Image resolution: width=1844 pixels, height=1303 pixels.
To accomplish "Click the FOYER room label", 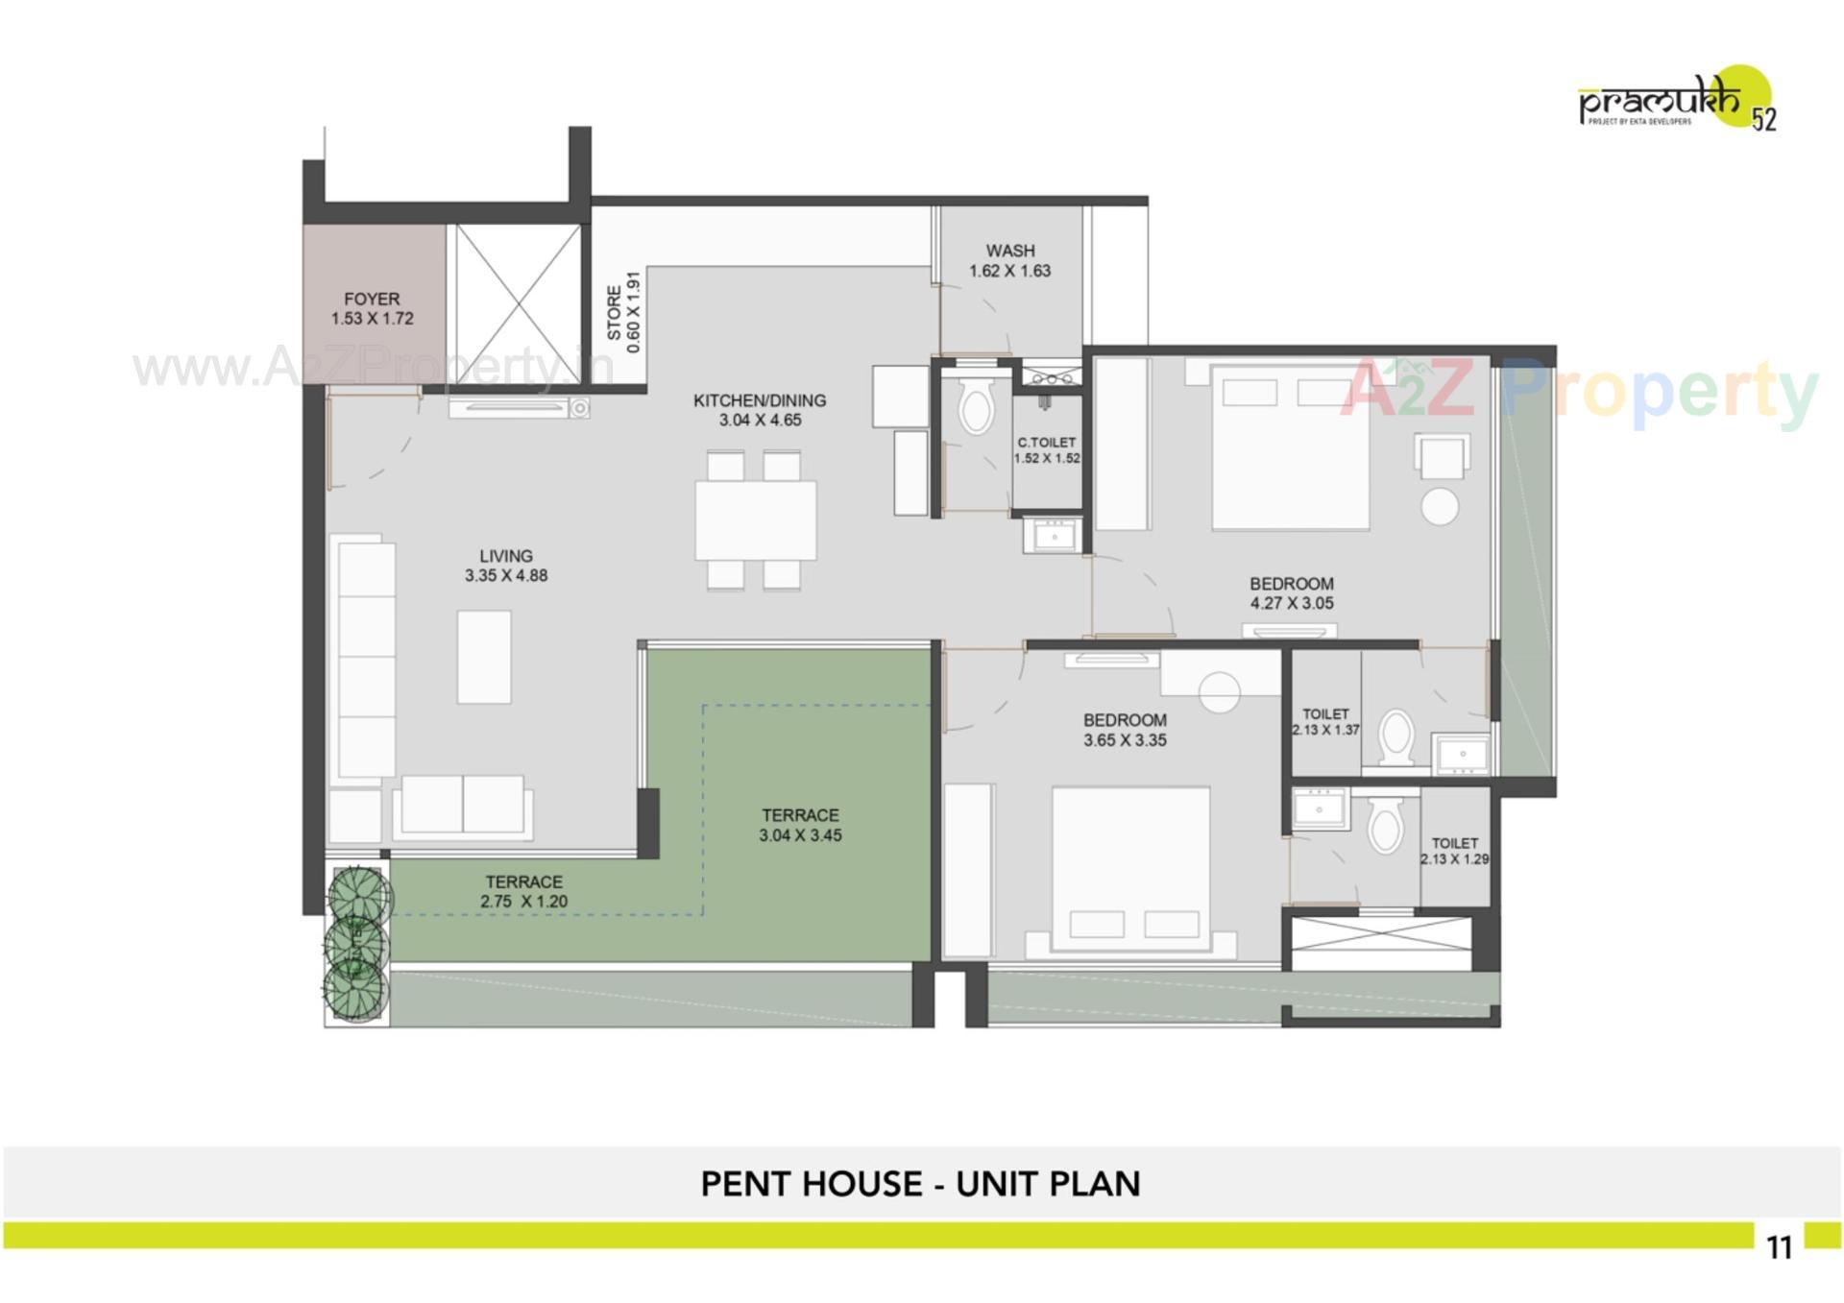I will (372, 300).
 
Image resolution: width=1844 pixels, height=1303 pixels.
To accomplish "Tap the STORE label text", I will (614, 312).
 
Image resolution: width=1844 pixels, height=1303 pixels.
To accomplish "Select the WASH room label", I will (1009, 251).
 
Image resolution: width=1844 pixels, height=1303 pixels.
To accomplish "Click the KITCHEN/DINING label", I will (760, 400).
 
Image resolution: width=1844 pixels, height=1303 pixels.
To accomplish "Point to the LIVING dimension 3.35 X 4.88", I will (506, 576).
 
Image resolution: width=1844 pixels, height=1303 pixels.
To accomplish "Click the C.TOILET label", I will (1047, 443).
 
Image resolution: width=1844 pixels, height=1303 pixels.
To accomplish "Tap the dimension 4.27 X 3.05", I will (1291, 604).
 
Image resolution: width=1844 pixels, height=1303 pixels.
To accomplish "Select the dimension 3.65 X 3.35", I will (1125, 740).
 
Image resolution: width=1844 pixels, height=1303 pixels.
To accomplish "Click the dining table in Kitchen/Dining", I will (756, 519).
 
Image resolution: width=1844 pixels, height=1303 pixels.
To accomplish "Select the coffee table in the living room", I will (484, 657).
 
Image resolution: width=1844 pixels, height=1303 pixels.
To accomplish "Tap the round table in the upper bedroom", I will (1440, 507).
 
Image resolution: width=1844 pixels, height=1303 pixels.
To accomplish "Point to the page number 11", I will (1779, 1247).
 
